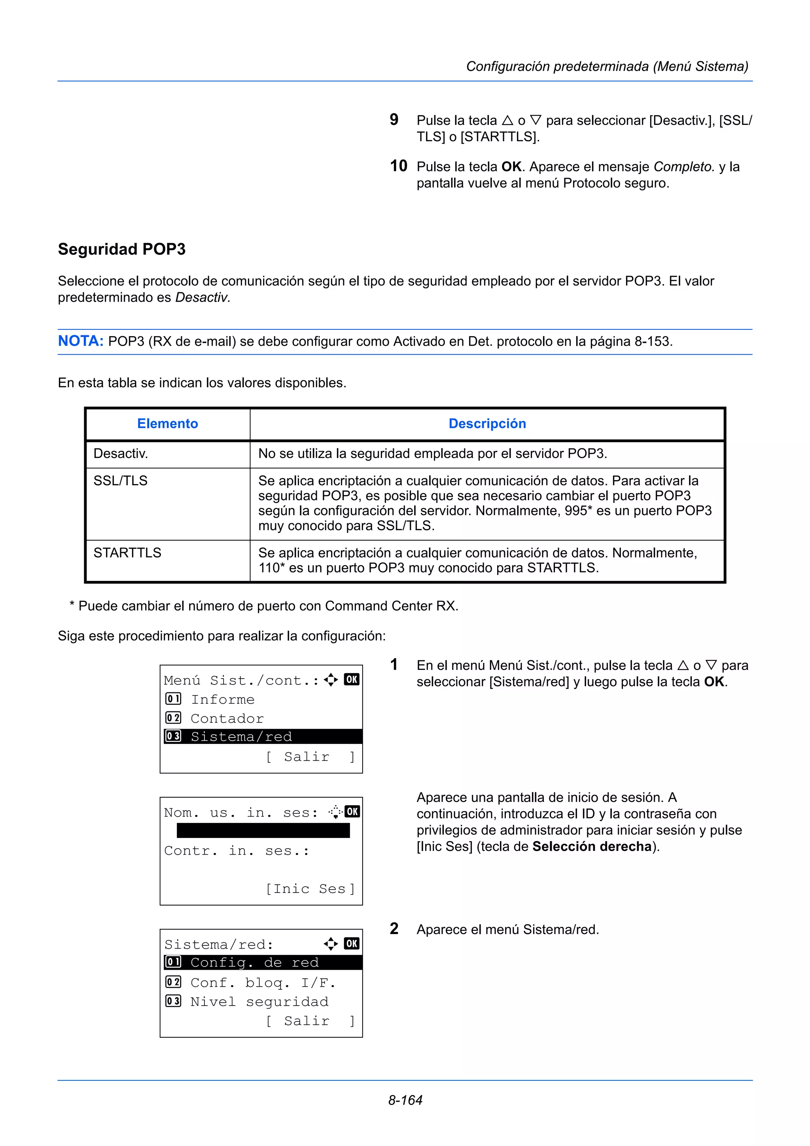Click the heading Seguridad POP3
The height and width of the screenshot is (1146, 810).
coord(121,249)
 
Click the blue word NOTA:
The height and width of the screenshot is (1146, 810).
coord(80,341)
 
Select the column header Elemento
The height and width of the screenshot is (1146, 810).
coord(167,424)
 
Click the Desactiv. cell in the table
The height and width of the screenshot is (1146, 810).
coord(121,454)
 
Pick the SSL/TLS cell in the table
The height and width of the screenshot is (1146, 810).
coord(120,480)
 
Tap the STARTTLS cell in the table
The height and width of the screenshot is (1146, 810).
coord(127,553)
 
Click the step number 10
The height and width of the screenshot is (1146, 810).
coord(398,166)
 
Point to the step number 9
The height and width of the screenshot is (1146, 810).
coord(394,120)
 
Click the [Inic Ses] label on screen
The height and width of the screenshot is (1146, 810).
coord(310,889)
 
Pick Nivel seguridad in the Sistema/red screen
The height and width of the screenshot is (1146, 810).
coord(259,1002)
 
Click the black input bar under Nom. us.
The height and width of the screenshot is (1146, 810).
coord(263,830)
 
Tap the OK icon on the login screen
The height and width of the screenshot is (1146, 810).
coord(352,811)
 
